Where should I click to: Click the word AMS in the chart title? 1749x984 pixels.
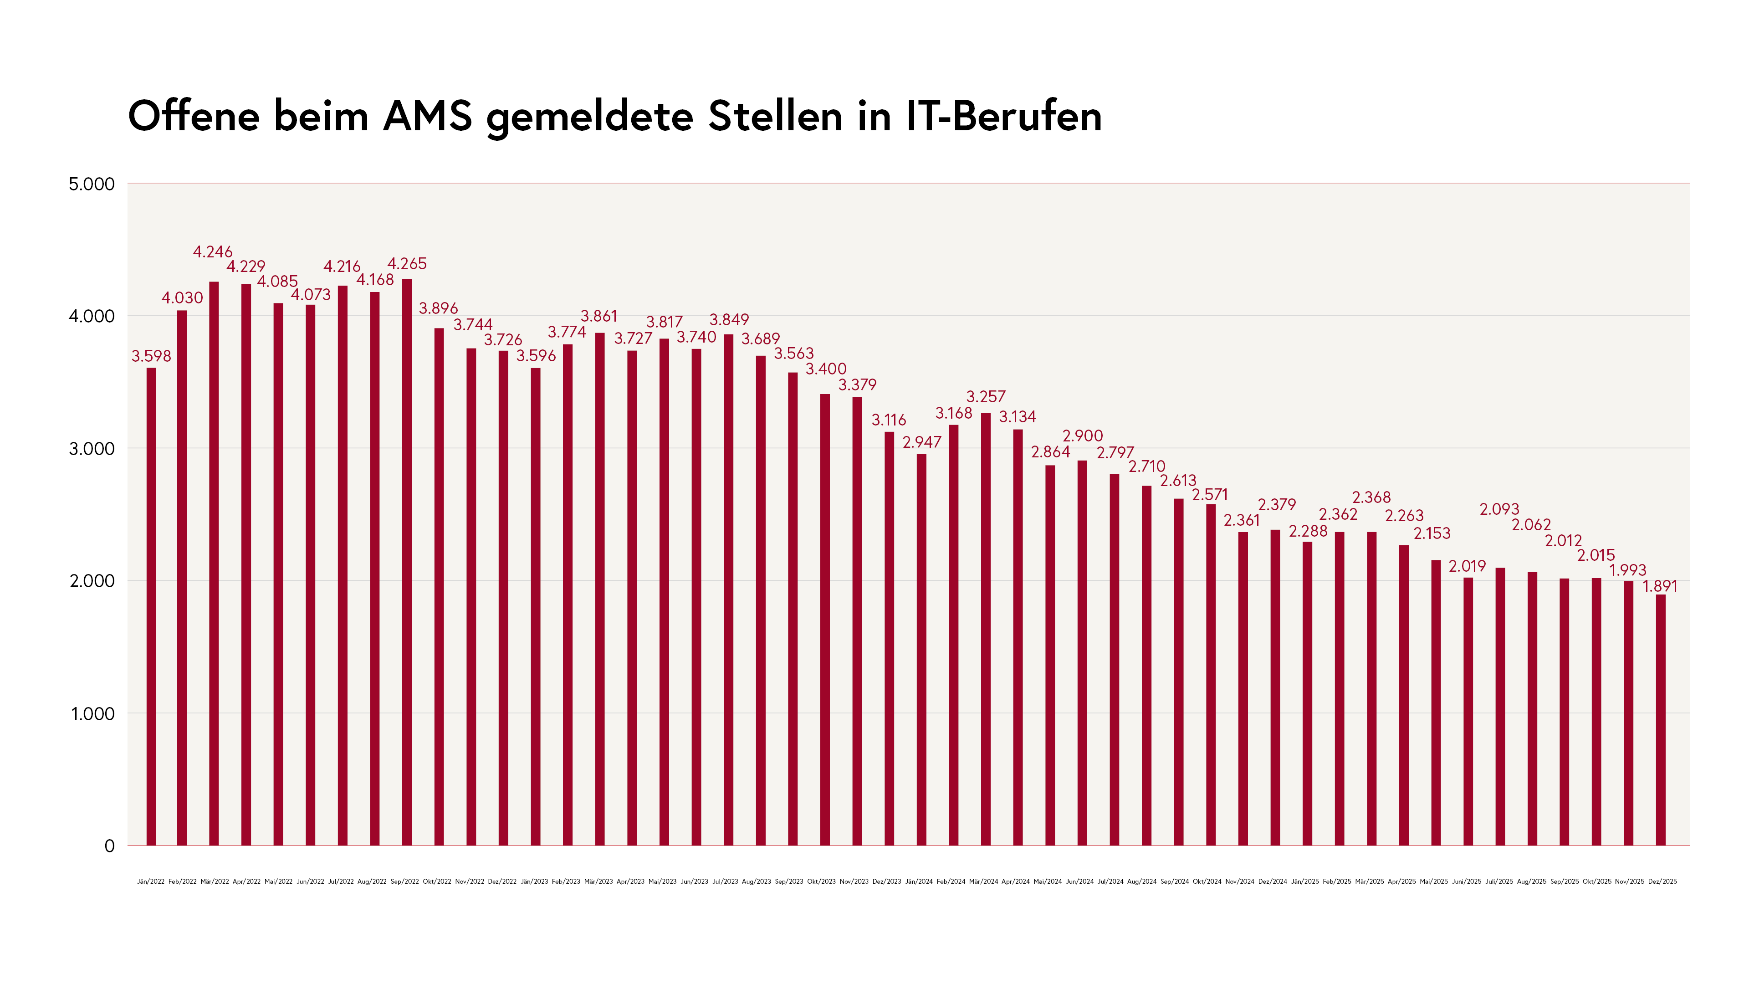tap(427, 116)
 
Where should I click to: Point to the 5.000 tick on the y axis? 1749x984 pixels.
tap(92, 184)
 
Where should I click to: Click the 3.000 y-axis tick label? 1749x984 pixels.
tap(92, 449)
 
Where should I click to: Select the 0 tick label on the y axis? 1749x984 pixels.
tap(109, 846)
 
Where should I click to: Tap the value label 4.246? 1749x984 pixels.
tap(213, 252)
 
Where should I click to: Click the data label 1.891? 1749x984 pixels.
tap(1660, 586)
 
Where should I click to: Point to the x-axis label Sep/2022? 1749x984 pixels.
tap(404, 881)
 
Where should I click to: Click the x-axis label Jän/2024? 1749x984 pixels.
tap(919, 881)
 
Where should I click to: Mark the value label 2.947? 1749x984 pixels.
tap(922, 442)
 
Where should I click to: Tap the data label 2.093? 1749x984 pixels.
tap(1499, 509)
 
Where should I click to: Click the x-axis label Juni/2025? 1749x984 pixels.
tap(1467, 881)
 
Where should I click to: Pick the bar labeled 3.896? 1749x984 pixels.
tap(439, 587)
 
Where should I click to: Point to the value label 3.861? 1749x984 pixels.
tap(599, 317)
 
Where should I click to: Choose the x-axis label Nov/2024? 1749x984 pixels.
tap(1240, 881)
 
